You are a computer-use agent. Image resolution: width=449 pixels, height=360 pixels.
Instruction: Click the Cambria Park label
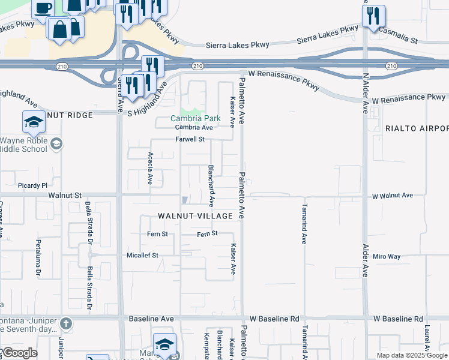point(196,118)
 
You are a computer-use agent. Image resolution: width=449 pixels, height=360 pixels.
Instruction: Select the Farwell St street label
point(190,139)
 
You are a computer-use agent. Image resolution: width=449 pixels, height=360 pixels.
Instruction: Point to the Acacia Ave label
point(150,168)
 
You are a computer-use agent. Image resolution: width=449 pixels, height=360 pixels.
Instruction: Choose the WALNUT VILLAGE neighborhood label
point(195,215)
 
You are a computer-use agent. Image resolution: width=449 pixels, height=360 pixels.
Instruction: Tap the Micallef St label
point(142,255)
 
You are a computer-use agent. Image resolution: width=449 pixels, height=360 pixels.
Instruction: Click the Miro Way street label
point(386,256)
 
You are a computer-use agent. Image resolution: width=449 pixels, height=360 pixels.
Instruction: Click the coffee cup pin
point(43,8)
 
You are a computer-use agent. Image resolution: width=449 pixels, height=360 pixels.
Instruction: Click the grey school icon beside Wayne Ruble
point(56,143)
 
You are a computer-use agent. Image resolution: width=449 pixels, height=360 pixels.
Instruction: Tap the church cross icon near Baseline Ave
point(66,324)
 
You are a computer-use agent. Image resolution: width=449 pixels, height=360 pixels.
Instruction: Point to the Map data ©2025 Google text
point(411,355)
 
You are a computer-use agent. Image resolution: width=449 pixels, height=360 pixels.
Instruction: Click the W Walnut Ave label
point(393,196)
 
